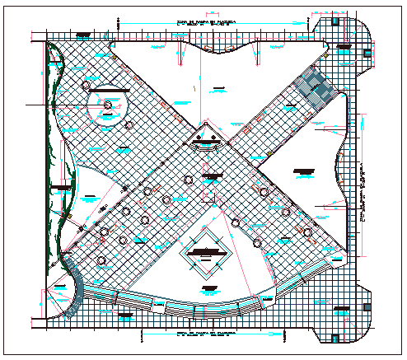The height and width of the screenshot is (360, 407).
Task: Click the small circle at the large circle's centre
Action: tap(108, 105)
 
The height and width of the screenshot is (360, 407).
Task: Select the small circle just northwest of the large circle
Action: tap(87, 85)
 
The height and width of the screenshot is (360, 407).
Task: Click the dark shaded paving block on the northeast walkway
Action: tap(314, 85)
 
